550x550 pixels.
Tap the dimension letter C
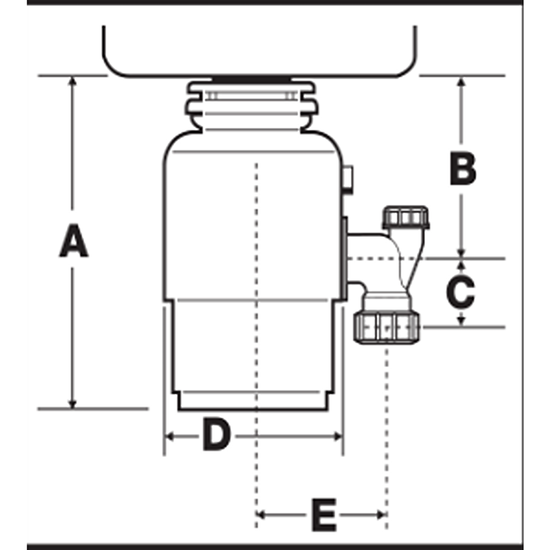pyautogui.click(x=460, y=291)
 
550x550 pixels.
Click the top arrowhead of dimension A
pyautogui.click(x=72, y=81)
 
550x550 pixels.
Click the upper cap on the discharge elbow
pyautogui.click(x=405, y=218)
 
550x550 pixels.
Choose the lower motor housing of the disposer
pyautogui.click(x=253, y=352)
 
